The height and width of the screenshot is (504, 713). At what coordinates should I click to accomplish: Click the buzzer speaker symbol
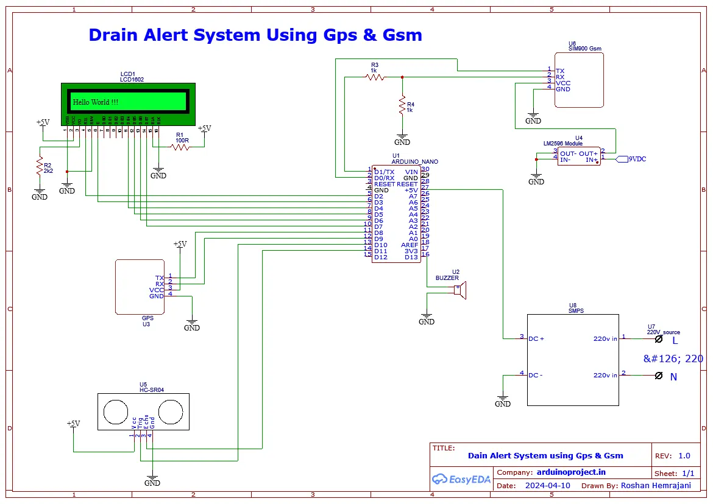461,290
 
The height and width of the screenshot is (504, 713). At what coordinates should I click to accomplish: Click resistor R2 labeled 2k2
40,165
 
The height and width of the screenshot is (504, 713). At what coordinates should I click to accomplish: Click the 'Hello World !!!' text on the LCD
96,102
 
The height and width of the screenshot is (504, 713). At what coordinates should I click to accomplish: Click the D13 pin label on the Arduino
411,257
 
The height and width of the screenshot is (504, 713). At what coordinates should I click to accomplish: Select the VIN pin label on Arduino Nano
411,172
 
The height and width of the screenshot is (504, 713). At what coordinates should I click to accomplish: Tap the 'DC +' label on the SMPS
536,338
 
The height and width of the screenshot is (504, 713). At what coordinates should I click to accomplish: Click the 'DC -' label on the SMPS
536,375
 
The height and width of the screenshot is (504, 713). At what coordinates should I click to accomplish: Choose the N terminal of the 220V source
658,377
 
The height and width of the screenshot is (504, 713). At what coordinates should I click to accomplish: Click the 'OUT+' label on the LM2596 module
588,153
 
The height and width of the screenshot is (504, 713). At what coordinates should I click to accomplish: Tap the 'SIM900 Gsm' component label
585,49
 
